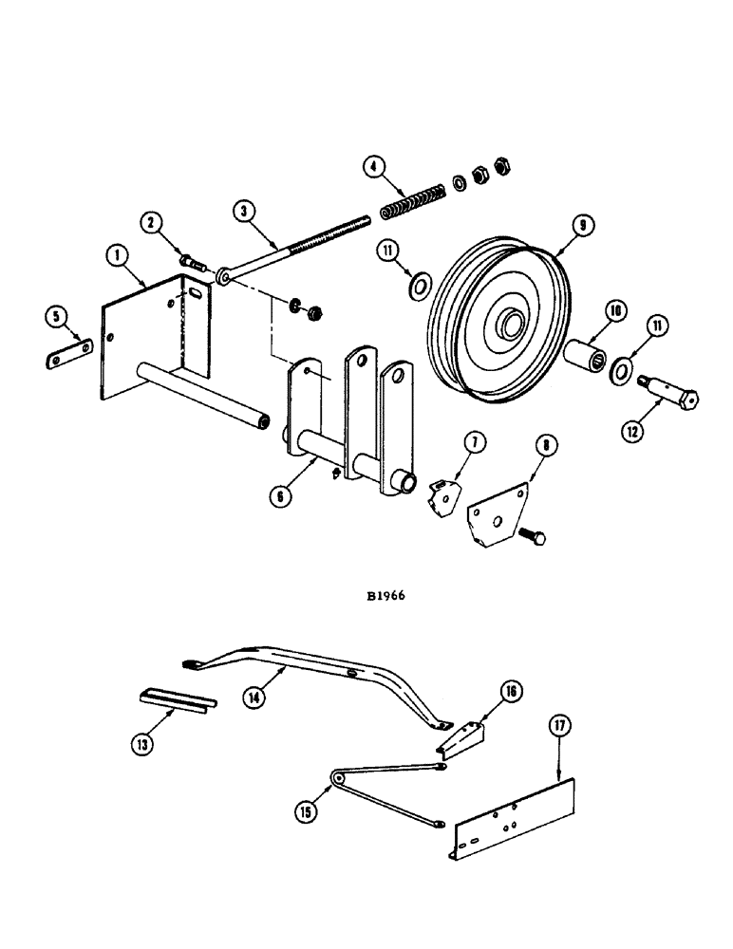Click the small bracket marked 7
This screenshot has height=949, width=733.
tap(442, 496)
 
